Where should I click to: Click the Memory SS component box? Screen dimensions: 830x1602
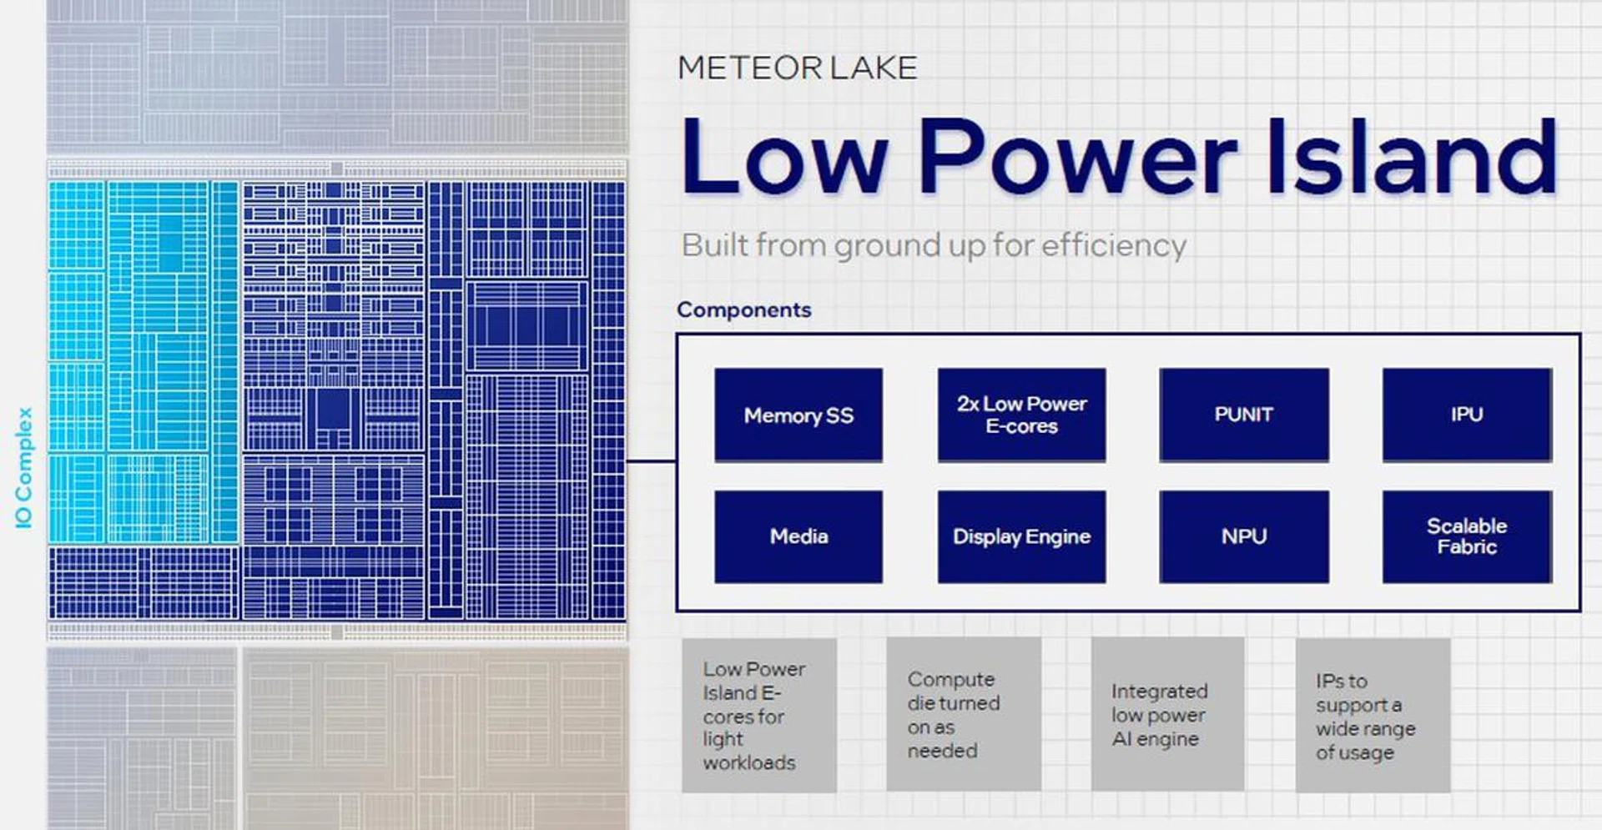(798, 415)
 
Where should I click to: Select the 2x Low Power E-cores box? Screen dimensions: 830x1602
(1021, 415)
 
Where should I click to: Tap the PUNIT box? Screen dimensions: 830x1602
(1243, 415)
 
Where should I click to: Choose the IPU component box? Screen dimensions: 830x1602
(1467, 415)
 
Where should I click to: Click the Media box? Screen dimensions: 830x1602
(798, 536)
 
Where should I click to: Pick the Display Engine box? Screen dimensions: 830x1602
(1021, 536)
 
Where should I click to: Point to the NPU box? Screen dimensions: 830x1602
(1243, 536)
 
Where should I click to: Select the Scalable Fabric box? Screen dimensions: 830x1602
(1467, 536)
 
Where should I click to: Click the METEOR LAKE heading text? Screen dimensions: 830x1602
(797, 68)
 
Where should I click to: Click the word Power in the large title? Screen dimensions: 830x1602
(1076, 157)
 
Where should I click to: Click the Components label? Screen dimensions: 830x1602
(743, 309)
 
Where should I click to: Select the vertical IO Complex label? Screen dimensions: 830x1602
(23, 467)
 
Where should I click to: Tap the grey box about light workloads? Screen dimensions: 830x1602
(758, 715)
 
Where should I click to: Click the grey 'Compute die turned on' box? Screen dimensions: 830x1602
(963, 715)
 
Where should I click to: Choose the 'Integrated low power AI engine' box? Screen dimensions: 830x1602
(1167, 715)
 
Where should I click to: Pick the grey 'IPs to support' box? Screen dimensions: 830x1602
(1373, 715)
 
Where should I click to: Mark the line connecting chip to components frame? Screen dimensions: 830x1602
(651, 460)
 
